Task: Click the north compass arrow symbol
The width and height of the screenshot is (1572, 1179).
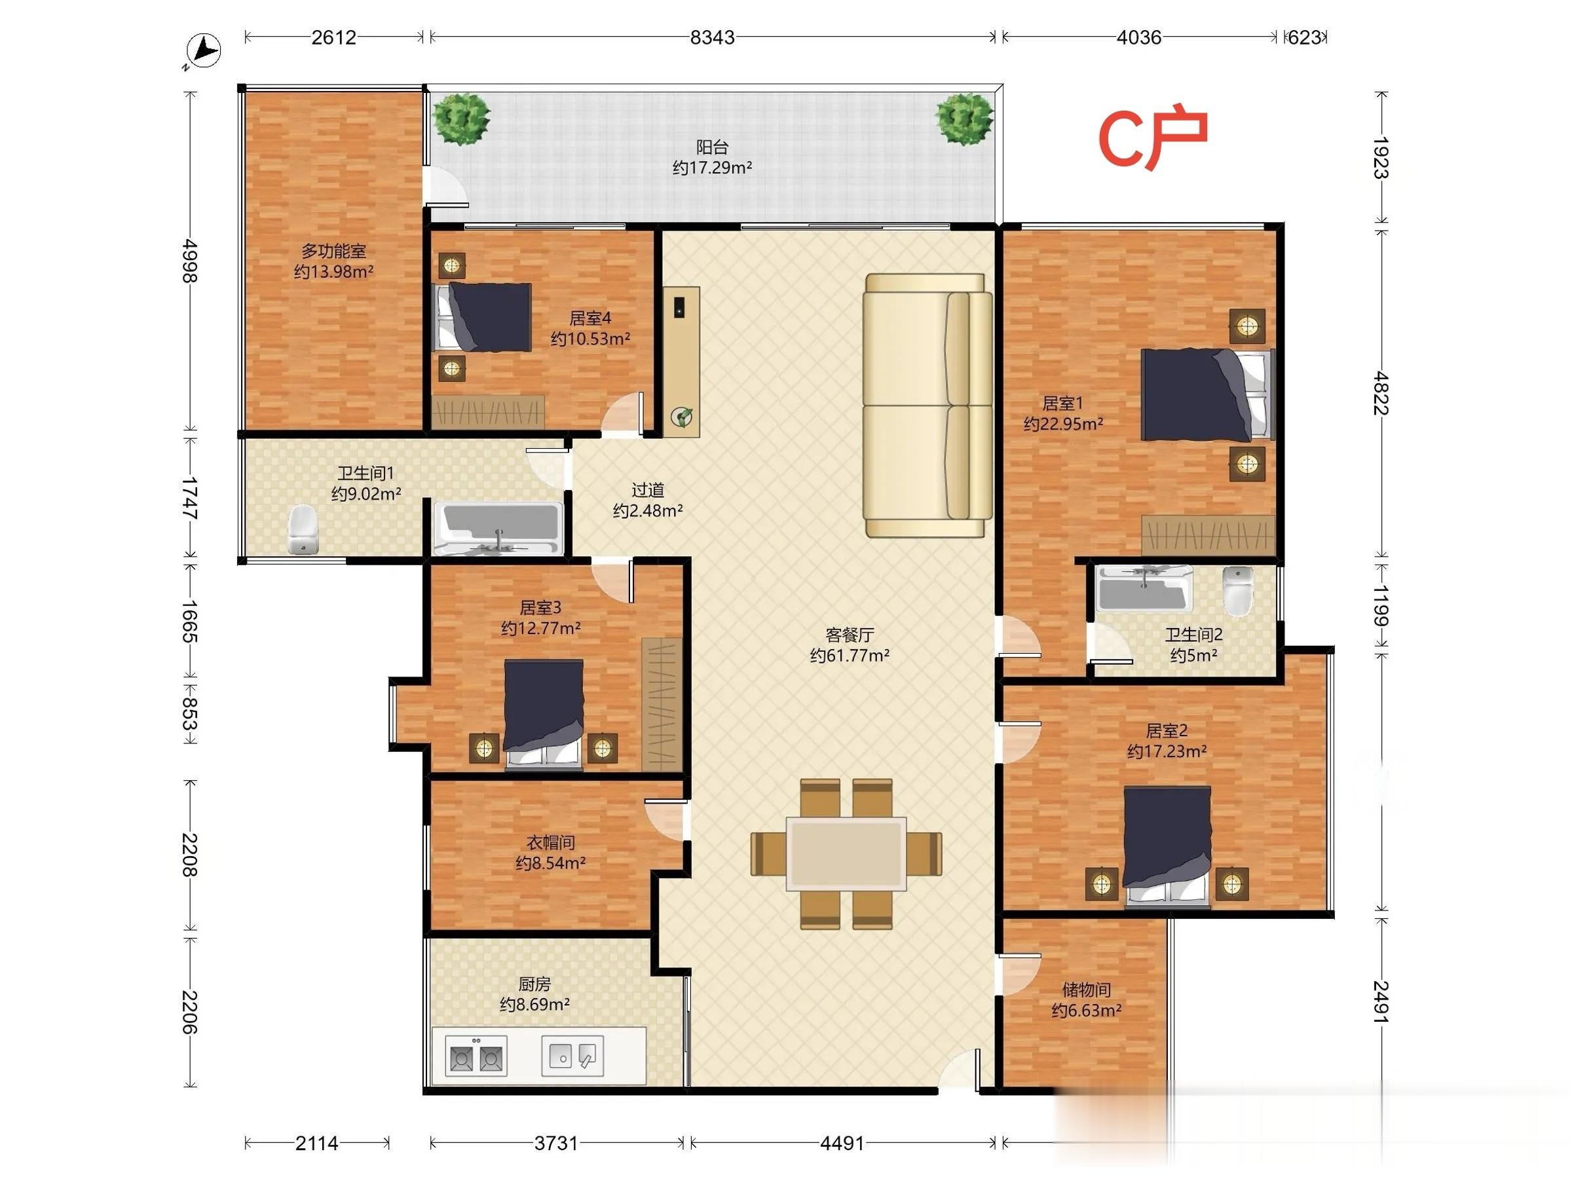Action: coord(203,51)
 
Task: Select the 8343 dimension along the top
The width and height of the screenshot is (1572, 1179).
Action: coord(712,37)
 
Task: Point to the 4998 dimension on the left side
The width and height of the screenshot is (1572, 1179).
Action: coord(189,261)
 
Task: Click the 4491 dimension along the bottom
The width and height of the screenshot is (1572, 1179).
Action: coord(842,1143)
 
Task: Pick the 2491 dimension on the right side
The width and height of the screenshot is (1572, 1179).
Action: coord(1380,1002)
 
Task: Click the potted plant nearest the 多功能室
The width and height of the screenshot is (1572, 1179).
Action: coord(462,119)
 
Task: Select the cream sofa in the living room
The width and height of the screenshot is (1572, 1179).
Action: coord(927,405)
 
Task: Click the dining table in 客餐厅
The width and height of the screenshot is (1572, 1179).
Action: coord(846,853)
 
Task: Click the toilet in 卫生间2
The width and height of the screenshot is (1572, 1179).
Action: coord(1239,591)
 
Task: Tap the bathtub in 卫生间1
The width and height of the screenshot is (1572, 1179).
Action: coord(499,529)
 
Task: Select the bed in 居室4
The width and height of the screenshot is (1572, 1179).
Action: coord(483,317)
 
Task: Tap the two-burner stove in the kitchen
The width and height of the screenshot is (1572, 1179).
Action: coord(476,1057)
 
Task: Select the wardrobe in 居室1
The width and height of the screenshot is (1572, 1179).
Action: coord(1208,535)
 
